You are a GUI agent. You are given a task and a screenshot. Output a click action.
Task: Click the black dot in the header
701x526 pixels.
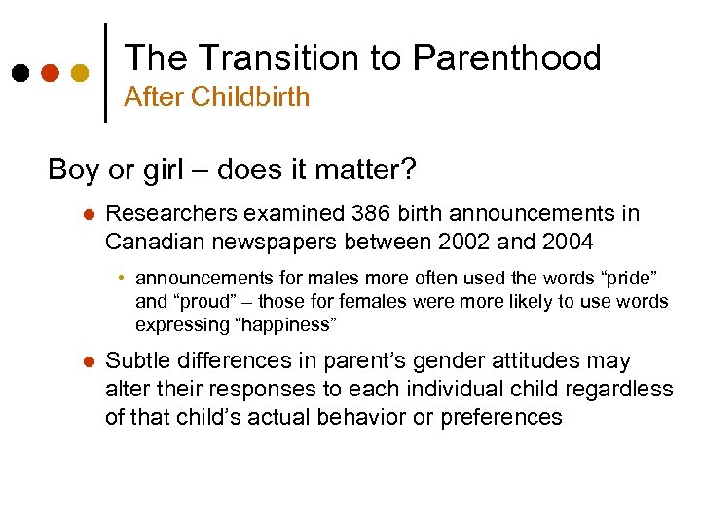pyautogui.click(x=20, y=73)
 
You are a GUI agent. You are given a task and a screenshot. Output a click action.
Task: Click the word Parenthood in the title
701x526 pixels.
pyautogui.click(x=506, y=58)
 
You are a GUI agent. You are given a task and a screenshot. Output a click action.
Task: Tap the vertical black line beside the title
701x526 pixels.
pyautogui.click(x=105, y=72)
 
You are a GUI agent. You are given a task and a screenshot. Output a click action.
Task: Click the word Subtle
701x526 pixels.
pyautogui.click(x=135, y=361)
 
